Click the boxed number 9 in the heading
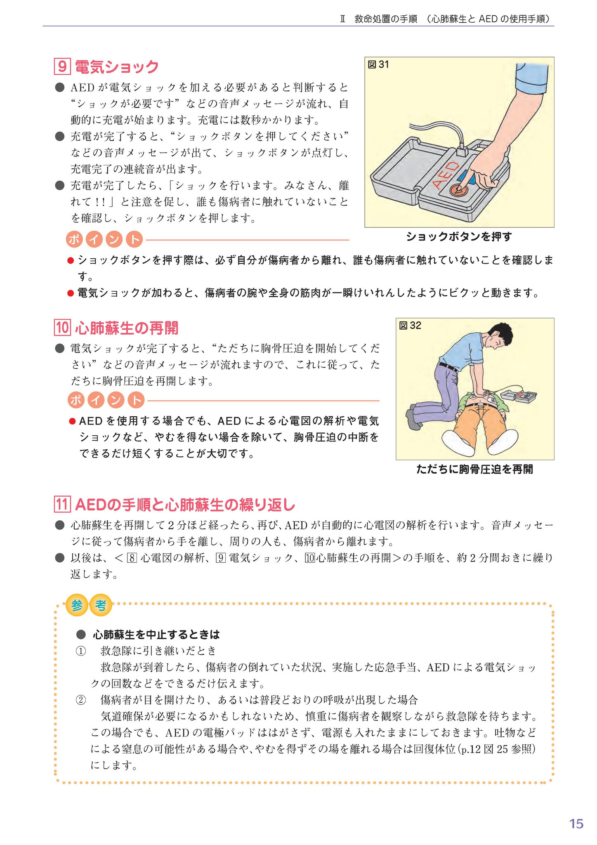pyautogui.click(x=62, y=66)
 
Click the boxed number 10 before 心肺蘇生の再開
pyautogui.click(x=62, y=328)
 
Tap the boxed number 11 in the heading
pyautogui.click(x=62, y=505)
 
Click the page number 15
pyautogui.click(x=576, y=824)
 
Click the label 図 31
pyautogui.click(x=378, y=65)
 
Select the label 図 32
pyautogui.click(x=410, y=326)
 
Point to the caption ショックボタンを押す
pyautogui.click(x=459, y=236)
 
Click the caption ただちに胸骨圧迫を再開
pyautogui.click(x=474, y=469)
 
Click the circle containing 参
pyautogui.click(x=77, y=605)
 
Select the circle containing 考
pyautogui.click(x=101, y=605)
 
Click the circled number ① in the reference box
pyautogui.click(x=80, y=651)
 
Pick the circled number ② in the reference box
pyautogui.click(x=80, y=700)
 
